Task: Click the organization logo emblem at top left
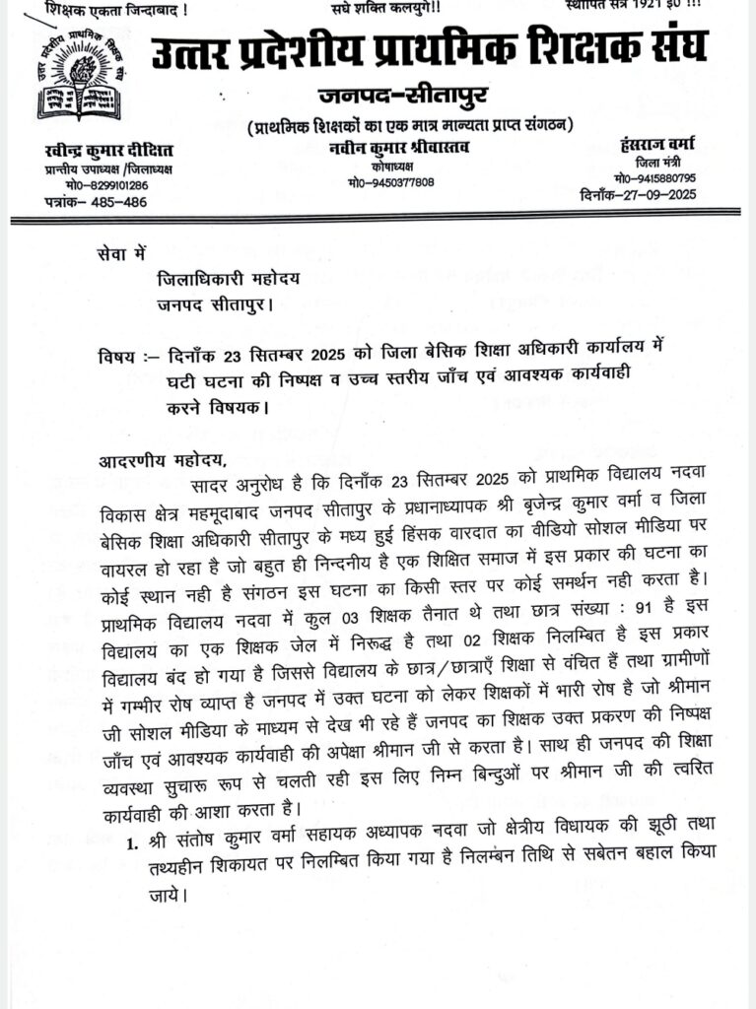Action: pyautogui.click(x=77, y=77)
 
